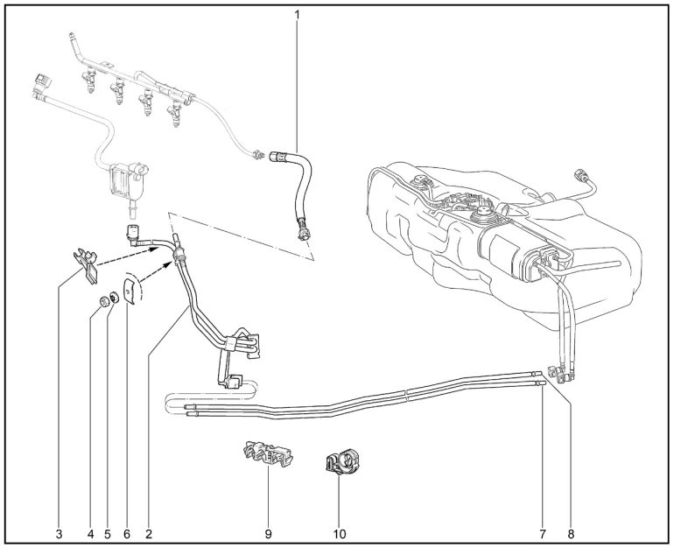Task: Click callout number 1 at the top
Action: click(x=297, y=14)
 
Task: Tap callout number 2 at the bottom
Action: click(x=149, y=534)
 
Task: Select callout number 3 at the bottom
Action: click(x=59, y=534)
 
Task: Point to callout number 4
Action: click(x=90, y=534)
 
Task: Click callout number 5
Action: click(x=108, y=534)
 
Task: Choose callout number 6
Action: click(x=126, y=534)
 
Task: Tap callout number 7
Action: click(x=543, y=534)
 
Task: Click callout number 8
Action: click(x=571, y=534)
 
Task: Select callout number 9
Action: click(x=268, y=534)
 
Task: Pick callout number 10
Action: click(x=339, y=534)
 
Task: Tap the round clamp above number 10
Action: click(x=342, y=462)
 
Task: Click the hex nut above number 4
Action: click(x=103, y=302)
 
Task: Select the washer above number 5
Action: click(x=114, y=297)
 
